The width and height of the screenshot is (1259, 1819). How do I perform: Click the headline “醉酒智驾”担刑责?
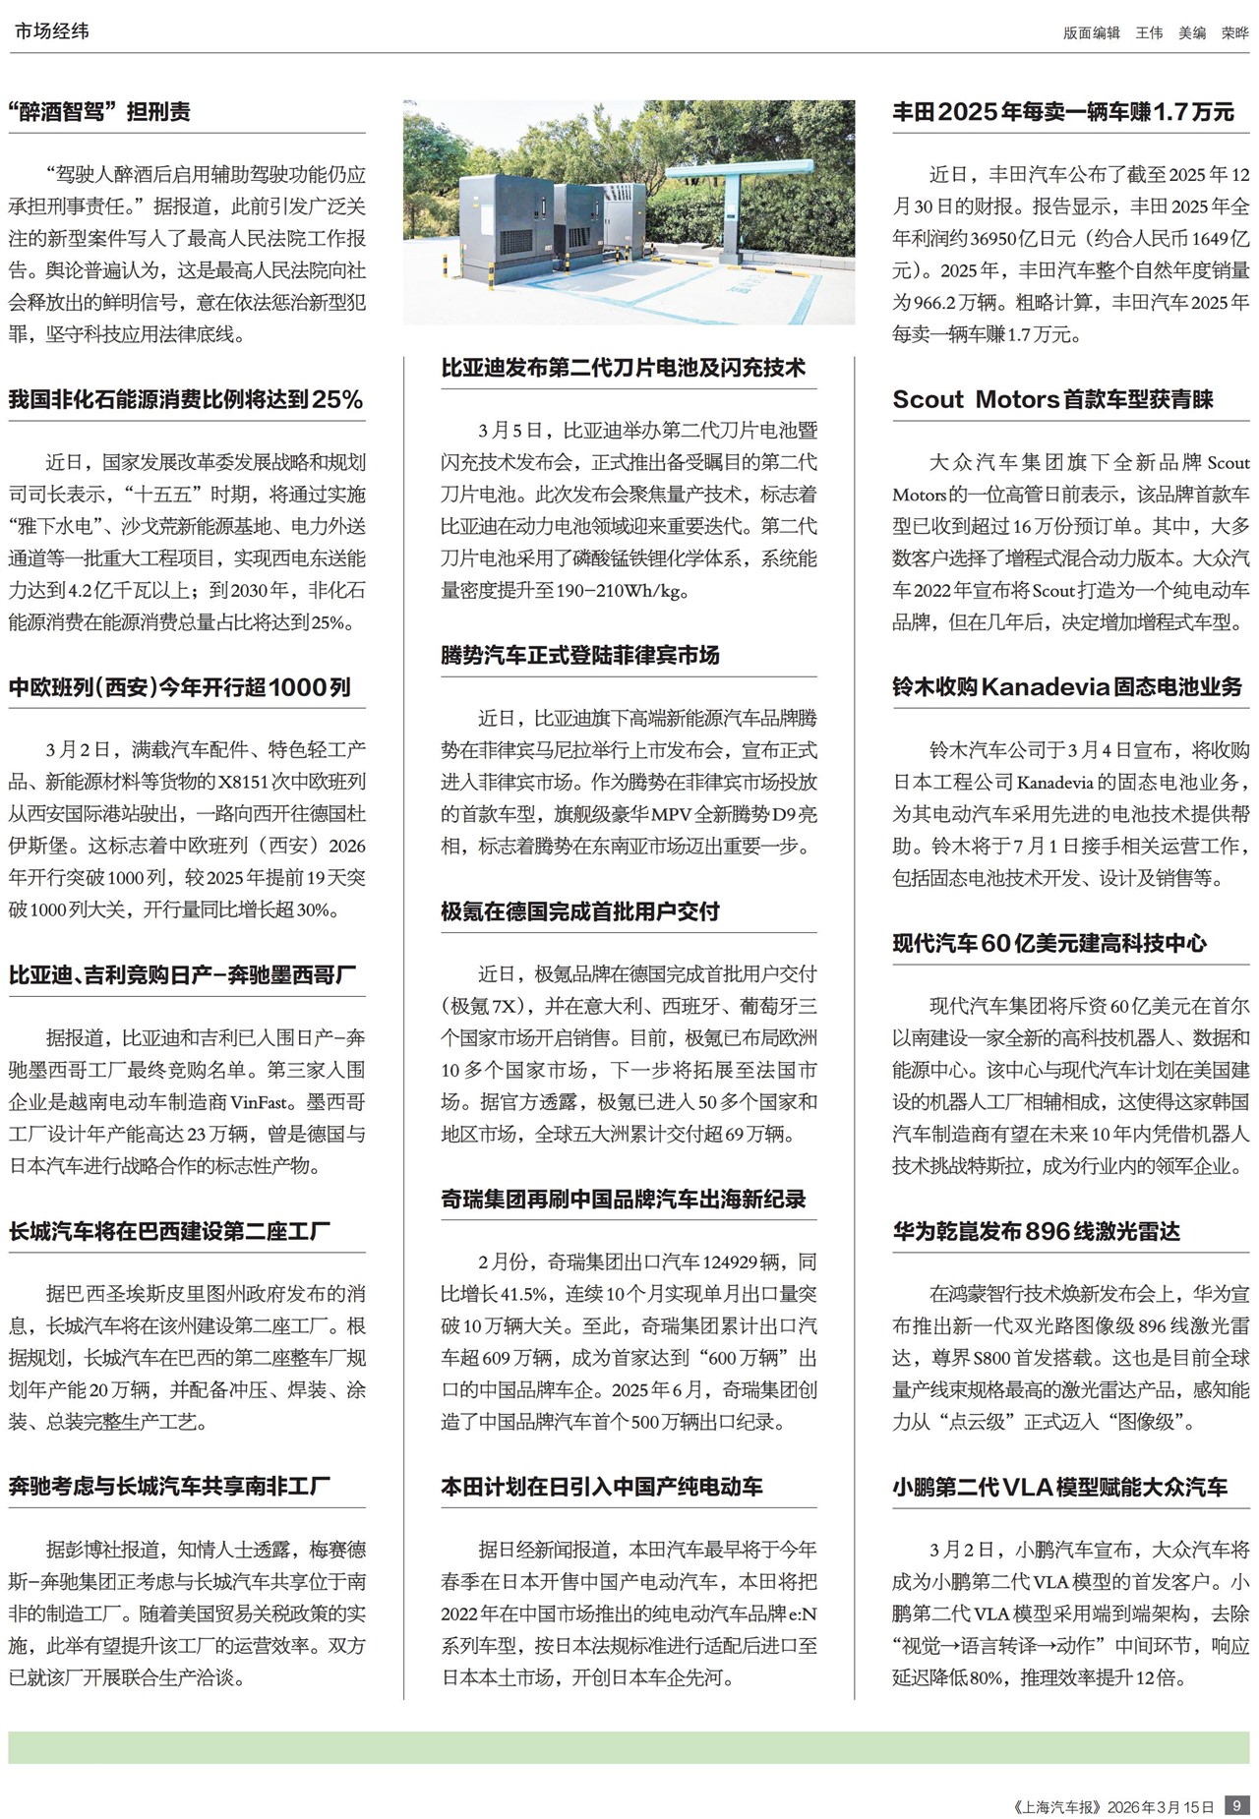click(x=99, y=112)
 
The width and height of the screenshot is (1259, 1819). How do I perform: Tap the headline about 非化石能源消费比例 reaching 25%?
click(x=186, y=399)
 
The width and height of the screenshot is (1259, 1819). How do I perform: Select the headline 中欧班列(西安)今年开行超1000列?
click(x=179, y=687)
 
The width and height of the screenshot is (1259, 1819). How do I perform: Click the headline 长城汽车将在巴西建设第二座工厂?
click(x=169, y=1231)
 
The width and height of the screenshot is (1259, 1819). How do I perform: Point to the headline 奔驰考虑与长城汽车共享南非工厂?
click(x=169, y=1487)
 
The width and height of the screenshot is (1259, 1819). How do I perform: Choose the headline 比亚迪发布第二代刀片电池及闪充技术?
click(x=623, y=368)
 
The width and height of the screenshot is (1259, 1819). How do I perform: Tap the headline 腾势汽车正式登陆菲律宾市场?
click(x=579, y=655)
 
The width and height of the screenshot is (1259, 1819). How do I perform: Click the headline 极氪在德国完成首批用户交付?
click(x=579, y=911)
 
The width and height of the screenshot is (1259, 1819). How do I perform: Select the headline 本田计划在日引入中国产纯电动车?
click(x=601, y=1487)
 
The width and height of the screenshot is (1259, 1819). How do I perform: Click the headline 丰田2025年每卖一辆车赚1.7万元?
click(x=1062, y=112)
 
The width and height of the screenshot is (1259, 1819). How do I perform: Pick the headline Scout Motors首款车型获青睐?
click(x=1052, y=399)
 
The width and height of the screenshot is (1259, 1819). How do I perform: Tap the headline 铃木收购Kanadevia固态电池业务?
click(x=1067, y=687)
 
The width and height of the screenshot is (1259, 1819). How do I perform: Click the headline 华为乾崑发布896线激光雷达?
click(x=1036, y=1231)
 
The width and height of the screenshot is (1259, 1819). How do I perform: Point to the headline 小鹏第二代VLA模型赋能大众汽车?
click(x=1059, y=1487)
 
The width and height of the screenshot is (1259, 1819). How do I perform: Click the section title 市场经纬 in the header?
click(x=51, y=31)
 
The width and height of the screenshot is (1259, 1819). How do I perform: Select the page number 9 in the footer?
click(x=1236, y=1805)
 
